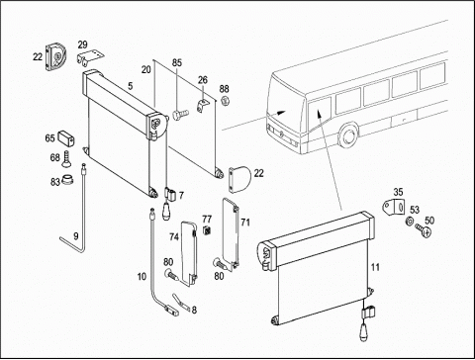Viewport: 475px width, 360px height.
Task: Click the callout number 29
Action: pos(83,45)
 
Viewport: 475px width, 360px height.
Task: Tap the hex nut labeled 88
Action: pos(225,100)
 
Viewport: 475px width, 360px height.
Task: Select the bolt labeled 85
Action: pos(180,115)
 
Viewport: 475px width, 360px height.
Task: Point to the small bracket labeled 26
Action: pos(203,105)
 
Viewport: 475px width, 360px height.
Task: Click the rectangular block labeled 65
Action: pos(66,138)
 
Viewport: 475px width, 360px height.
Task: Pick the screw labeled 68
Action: pos(66,159)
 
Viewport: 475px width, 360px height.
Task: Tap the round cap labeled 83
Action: pos(67,180)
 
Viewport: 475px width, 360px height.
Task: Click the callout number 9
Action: pos(76,236)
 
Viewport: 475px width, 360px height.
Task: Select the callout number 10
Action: pos(142,276)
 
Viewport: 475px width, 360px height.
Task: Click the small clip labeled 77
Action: pos(207,230)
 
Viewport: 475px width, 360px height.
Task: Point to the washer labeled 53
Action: pos(409,221)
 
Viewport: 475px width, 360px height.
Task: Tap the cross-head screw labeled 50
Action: pos(424,229)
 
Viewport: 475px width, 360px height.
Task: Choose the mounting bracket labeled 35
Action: pos(394,207)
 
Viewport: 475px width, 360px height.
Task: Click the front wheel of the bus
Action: pos(348,136)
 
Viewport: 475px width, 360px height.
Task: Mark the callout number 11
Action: pos(375,267)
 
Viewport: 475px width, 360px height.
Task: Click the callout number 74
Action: pos(174,237)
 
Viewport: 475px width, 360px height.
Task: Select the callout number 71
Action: pos(245,223)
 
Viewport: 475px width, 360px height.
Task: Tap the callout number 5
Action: pos(131,86)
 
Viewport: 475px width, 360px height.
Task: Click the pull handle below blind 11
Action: pos(363,332)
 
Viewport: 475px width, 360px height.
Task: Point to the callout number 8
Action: pos(194,310)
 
